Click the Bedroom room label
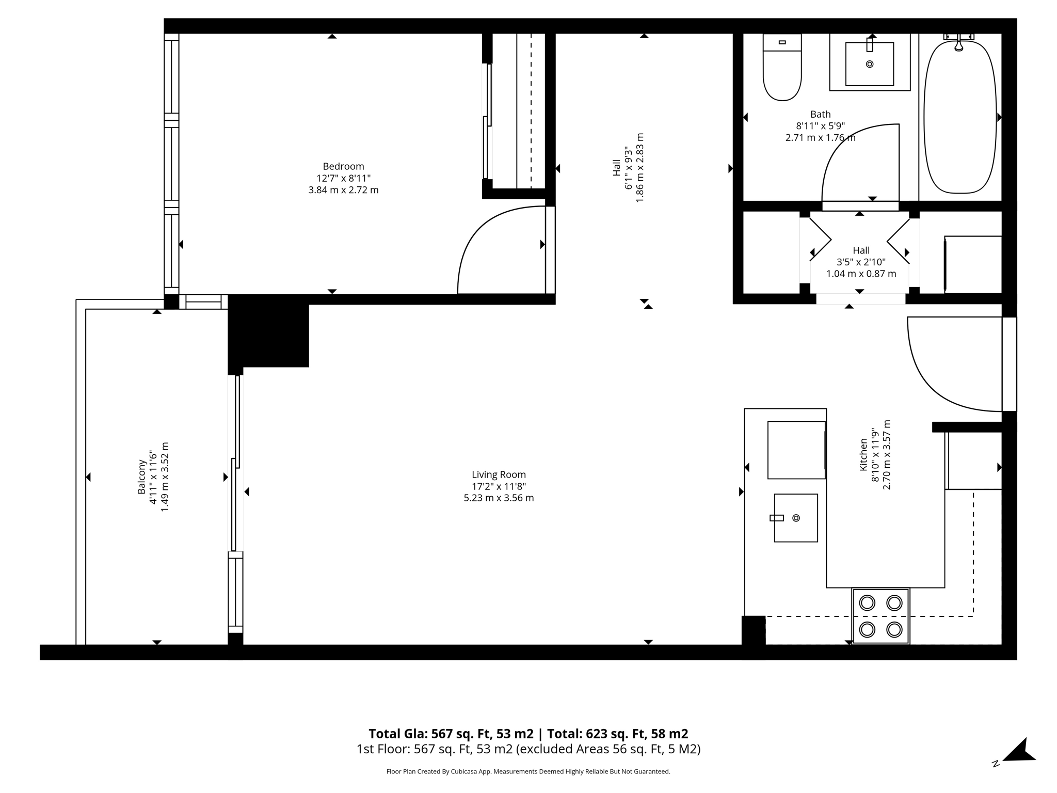pyautogui.click(x=343, y=166)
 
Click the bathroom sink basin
pyautogui.click(x=869, y=65)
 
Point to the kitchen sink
pyautogui.click(x=795, y=518)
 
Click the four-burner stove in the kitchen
pyautogui.click(x=880, y=616)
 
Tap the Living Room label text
pyautogui.click(x=499, y=474)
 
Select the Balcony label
pyautogui.click(x=141, y=477)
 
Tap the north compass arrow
pyautogui.click(x=1019, y=752)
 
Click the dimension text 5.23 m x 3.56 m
pyautogui.click(x=499, y=498)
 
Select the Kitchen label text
pyautogui.click(x=863, y=455)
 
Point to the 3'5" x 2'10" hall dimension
pyautogui.click(x=861, y=262)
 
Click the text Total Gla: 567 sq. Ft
pyautogui.click(x=451, y=734)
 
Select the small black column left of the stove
pyautogui.click(x=753, y=630)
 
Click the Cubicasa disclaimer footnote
pyautogui.click(x=528, y=772)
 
